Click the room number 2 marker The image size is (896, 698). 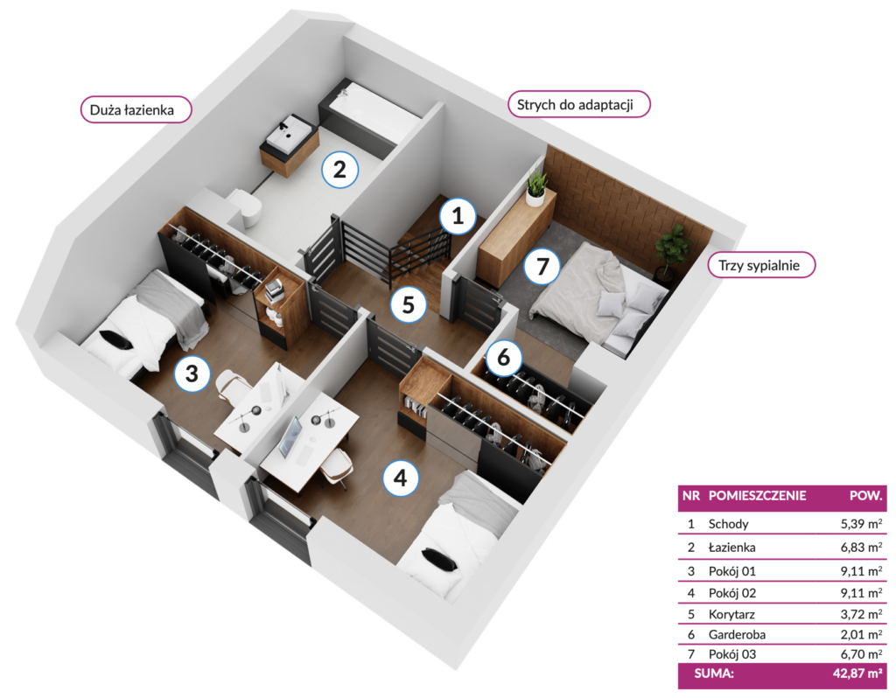tap(339, 169)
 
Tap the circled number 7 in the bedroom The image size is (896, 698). tap(542, 266)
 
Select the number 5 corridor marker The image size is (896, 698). tap(408, 304)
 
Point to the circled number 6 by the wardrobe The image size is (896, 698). tap(503, 358)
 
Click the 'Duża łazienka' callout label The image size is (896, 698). tap(136, 109)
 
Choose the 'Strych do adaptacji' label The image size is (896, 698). tap(579, 105)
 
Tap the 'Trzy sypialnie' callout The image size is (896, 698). tap(761, 265)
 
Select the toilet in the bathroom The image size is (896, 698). tap(247, 208)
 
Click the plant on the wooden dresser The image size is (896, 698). tap(536, 186)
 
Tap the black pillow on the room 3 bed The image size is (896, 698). tap(117, 339)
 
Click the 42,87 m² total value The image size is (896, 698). tap(857, 674)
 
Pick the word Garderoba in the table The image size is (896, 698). tap(737, 635)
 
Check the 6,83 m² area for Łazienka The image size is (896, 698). tap(861, 548)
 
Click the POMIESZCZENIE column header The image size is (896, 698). tap(757, 496)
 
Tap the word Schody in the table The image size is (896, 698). tap(728, 524)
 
